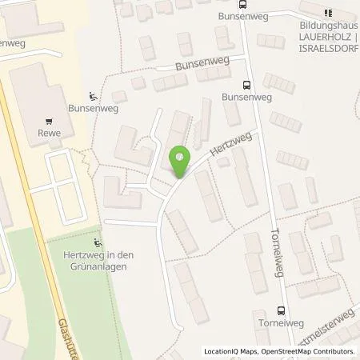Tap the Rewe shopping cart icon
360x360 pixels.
[50, 122]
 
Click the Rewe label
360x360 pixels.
[50, 134]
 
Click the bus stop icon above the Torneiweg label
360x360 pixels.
[281, 311]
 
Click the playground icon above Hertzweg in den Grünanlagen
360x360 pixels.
[98, 243]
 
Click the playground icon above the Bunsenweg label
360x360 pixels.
[94, 93]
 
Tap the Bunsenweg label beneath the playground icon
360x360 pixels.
[89, 106]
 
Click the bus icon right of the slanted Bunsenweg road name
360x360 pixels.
[246, 84]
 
